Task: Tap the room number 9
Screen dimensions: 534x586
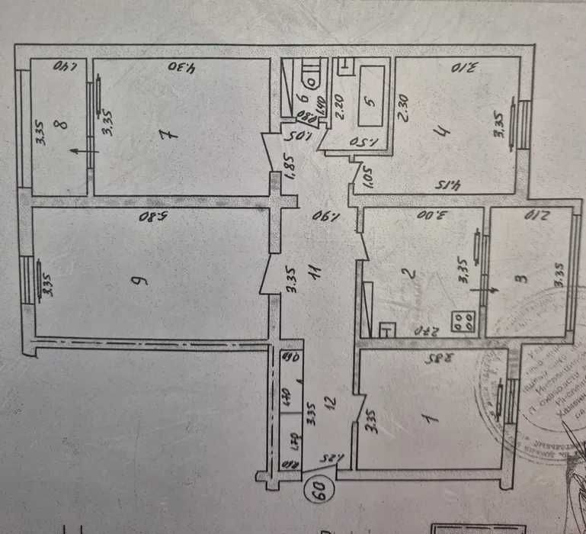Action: [x=139, y=279]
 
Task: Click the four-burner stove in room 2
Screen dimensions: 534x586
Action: [x=463, y=322]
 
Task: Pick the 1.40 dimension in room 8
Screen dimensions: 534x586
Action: [x=62, y=67]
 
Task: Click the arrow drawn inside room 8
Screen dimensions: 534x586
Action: [x=76, y=153]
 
